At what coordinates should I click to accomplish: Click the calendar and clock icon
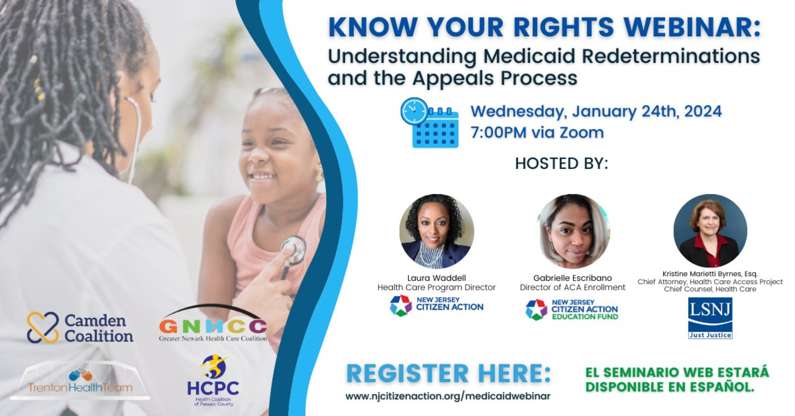tap(430, 123)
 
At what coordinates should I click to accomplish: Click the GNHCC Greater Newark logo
tap(213, 323)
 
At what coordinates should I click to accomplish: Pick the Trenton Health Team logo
tap(80, 381)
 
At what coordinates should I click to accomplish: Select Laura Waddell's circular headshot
tap(436, 231)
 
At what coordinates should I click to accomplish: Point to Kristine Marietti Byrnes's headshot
tap(710, 231)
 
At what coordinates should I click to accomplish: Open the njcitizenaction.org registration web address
tap(448, 396)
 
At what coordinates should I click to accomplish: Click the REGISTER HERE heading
tap(449, 373)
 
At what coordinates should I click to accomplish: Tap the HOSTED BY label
tap(562, 163)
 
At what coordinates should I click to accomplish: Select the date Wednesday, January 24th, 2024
tap(596, 111)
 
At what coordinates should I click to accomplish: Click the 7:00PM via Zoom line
tap(537, 133)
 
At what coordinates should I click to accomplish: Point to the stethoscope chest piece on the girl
tap(294, 250)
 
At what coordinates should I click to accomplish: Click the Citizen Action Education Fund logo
tap(572, 310)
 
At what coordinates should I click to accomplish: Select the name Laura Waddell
tap(436, 278)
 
